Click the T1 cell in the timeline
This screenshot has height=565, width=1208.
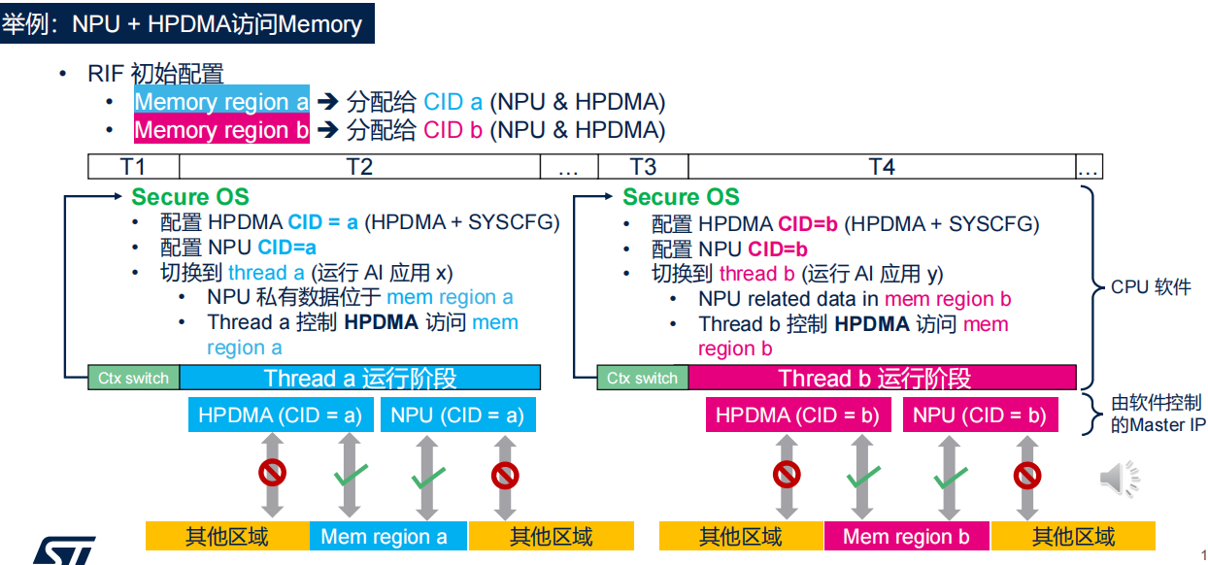133,167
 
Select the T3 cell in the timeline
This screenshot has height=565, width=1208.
643,167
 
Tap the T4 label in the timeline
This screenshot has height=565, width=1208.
881,167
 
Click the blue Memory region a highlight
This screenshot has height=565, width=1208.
221,102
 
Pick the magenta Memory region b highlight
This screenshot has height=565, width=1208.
221,130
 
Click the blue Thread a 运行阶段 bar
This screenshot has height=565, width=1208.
360,378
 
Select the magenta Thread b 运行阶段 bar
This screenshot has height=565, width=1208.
882,378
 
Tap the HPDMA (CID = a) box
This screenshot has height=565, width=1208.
280,415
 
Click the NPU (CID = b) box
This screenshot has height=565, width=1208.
980,415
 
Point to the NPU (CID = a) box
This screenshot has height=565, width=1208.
456,415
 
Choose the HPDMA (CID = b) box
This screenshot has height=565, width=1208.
797,415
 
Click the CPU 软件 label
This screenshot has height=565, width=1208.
1151,287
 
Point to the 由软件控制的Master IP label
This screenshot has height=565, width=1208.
1156,414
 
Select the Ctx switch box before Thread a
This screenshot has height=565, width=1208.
133,378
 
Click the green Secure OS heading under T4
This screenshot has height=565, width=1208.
681,197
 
